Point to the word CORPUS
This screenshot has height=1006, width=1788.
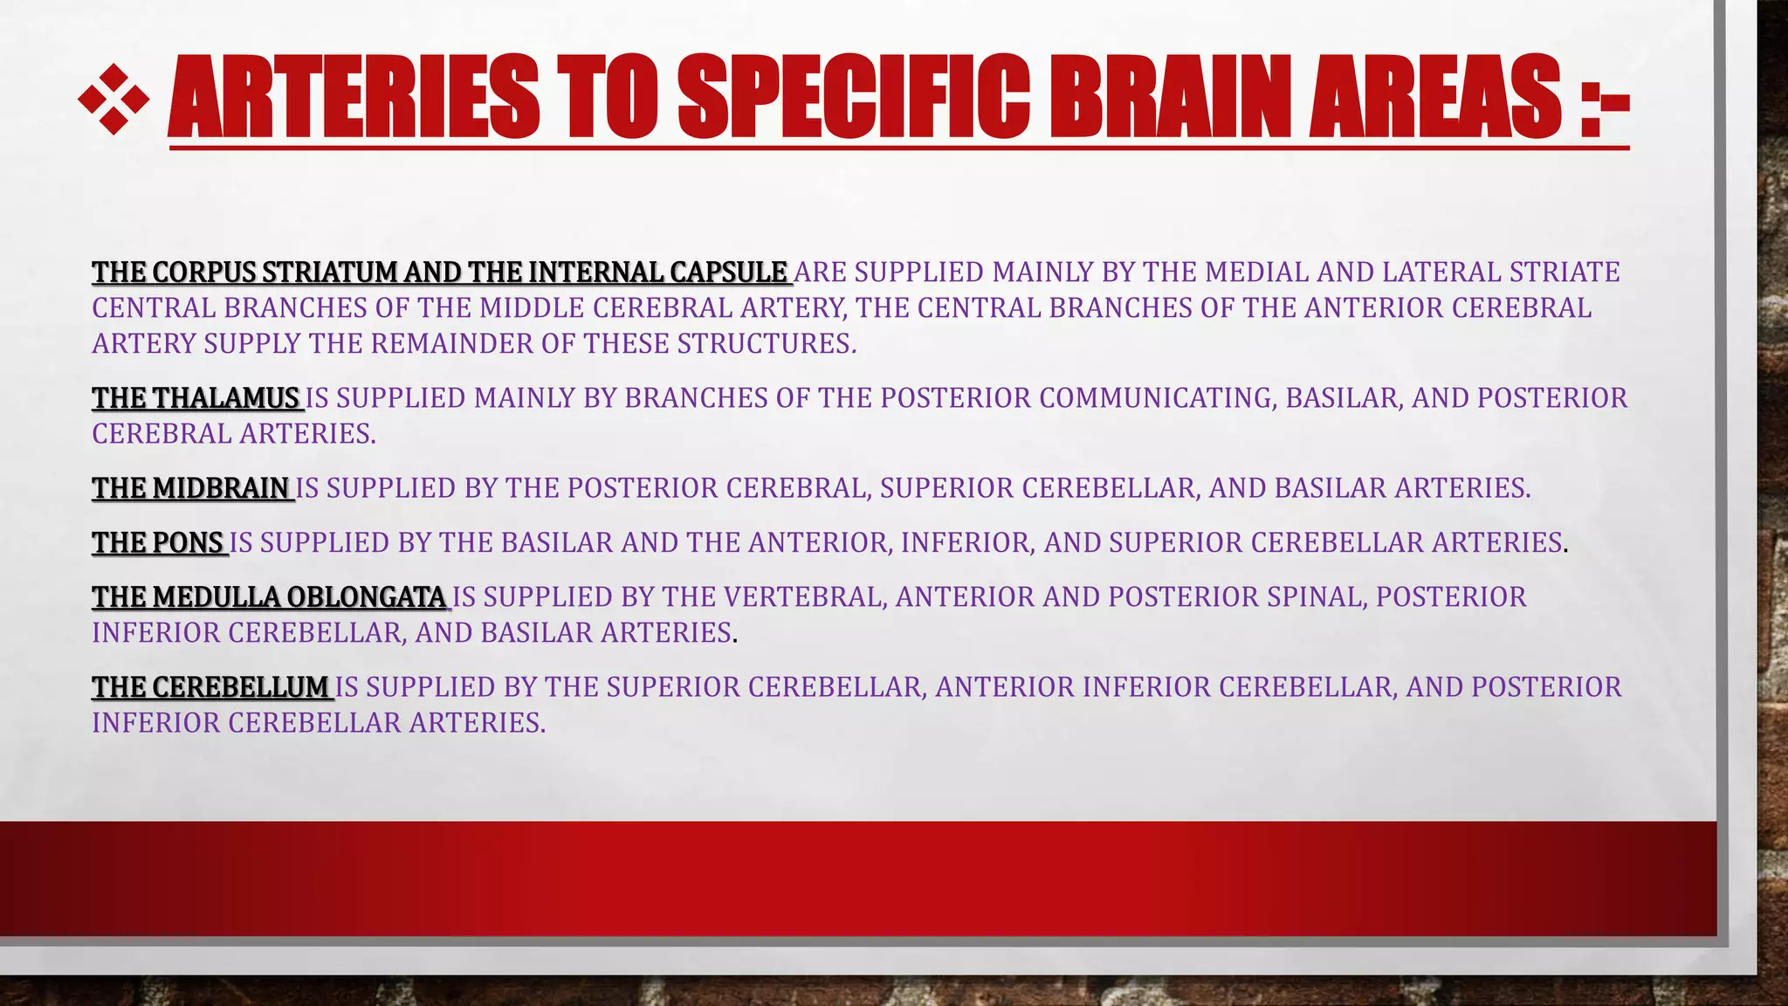203,272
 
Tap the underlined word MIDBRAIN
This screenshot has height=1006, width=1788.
221,488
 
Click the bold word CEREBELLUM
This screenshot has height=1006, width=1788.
240,687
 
